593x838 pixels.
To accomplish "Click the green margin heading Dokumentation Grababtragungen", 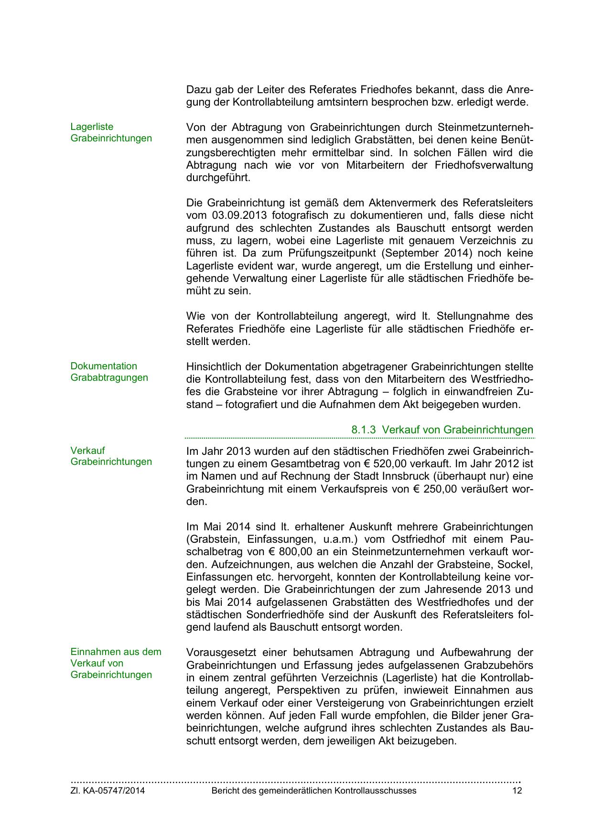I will point(109,372).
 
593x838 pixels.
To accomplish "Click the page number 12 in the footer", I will point(517,791).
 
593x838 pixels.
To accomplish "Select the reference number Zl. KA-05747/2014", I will point(108,791).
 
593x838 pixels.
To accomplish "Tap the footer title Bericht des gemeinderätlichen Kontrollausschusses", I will point(314,791).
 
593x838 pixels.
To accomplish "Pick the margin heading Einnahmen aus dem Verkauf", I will point(116,663).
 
